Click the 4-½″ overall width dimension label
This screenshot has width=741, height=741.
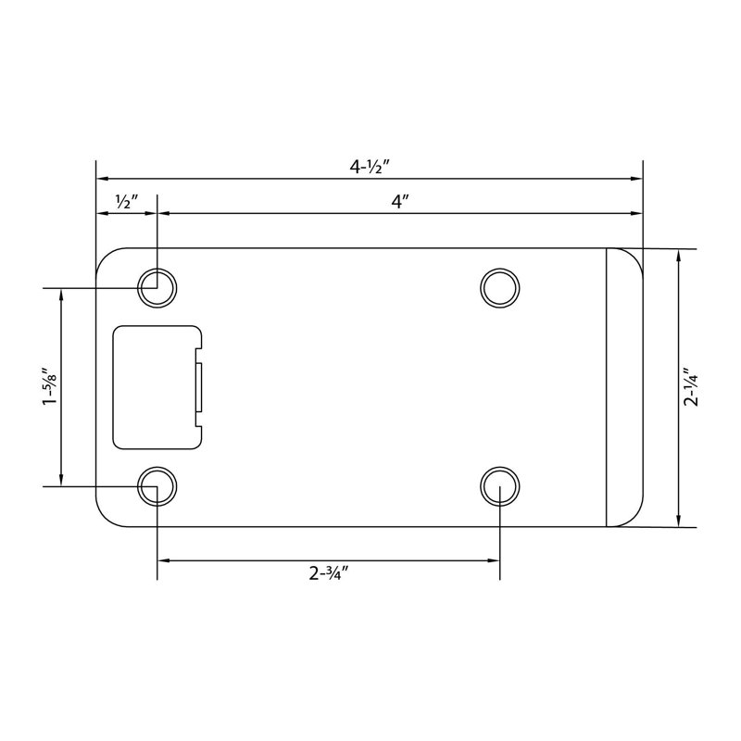(369, 167)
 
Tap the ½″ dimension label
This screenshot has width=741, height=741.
(126, 202)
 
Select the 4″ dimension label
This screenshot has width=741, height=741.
(400, 202)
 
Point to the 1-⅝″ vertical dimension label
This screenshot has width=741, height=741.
(49, 385)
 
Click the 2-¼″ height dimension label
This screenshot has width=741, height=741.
(690, 387)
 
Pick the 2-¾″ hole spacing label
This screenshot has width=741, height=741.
(329, 573)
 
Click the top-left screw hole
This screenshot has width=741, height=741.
(157, 288)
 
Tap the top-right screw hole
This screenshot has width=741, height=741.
(499, 288)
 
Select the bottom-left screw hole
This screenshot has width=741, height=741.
(157, 486)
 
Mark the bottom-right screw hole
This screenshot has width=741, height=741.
(499, 486)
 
